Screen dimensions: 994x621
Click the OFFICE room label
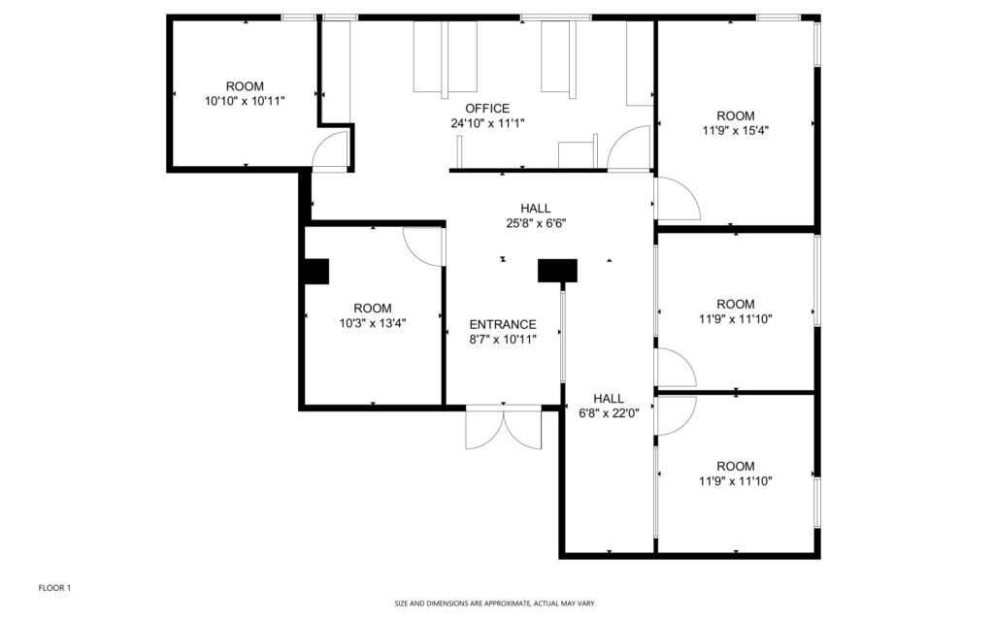click(x=487, y=109)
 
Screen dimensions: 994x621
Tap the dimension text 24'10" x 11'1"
click(x=487, y=123)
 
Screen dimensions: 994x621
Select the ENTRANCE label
click(x=503, y=324)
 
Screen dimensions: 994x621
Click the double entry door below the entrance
click(x=504, y=429)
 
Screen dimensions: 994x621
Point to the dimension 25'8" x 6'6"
click(x=536, y=223)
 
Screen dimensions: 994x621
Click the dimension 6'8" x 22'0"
click(x=609, y=413)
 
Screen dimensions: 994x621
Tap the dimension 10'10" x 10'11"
click(x=245, y=101)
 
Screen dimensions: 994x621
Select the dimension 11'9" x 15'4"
click(x=736, y=131)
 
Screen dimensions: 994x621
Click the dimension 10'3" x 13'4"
click(x=373, y=323)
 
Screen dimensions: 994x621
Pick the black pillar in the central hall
click(x=557, y=271)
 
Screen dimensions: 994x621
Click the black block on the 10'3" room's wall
click(x=315, y=272)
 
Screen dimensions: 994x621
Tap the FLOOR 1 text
click(x=54, y=588)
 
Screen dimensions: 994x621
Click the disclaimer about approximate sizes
click(x=495, y=604)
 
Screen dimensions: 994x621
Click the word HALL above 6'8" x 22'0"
click(x=609, y=399)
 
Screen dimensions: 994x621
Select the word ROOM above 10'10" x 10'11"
click(x=245, y=86)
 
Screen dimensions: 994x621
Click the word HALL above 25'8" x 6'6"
click(x=536, y=209)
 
